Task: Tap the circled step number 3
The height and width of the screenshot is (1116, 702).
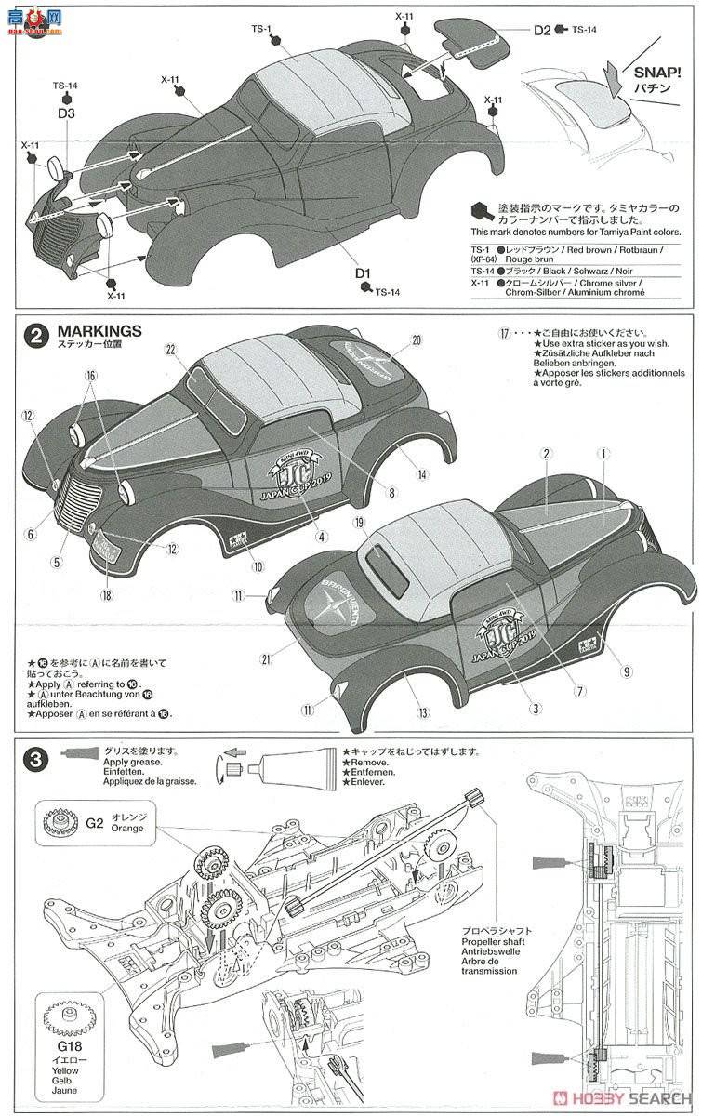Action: coord(35,759)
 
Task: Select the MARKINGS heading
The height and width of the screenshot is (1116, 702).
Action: coord(99,330)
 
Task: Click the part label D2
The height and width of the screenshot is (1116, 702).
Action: coord(542,29)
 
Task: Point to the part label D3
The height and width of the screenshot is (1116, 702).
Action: coord(66,113)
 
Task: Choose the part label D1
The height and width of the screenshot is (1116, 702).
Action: coord(363,273)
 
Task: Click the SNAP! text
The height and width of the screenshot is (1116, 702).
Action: coord(657,71)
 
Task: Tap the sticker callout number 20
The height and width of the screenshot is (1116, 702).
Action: coord(416,339)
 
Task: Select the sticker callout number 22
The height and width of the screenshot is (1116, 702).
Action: coord(170,349)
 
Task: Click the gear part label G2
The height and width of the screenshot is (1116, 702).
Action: coord(94,822)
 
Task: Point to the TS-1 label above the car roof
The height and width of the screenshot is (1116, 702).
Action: coord(261,29)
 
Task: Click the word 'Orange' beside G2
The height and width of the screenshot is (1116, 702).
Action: coord(128,828)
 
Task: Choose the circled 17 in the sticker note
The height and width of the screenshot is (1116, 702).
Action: coord(505,333)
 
